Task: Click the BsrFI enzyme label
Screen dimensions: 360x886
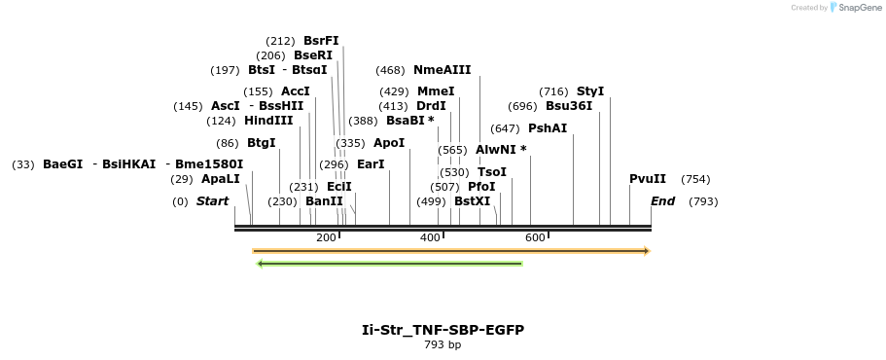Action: click(x=321, y=41)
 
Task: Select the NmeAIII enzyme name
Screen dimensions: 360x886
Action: click(x=442, y=70)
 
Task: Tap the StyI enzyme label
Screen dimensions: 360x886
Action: click(x=590, y=91)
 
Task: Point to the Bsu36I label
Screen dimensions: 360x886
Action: click(x=568, y=106)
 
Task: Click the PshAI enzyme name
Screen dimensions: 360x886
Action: click(x=548, y=128)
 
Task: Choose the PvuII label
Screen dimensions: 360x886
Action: click(x=648, y=179)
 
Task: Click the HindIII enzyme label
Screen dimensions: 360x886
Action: click(x=268, y=121)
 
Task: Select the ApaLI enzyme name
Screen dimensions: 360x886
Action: click(x=221, y=179)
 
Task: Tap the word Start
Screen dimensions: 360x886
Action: click(x=212, y=201)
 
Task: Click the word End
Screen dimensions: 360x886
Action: click(x=662, y=201)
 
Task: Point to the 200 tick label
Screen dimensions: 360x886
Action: click(x=326, y=237)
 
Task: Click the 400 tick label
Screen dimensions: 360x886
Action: click(x=430, y=237)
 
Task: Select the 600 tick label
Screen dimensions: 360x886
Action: click(x=535, y=237)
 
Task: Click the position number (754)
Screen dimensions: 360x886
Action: click(x=695, y=179)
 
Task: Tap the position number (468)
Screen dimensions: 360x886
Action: click(x=390, y=70)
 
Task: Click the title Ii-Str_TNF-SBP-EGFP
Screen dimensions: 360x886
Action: click(x=443, y=330)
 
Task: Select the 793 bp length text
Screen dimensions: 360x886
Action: click(x=443, y=344)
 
